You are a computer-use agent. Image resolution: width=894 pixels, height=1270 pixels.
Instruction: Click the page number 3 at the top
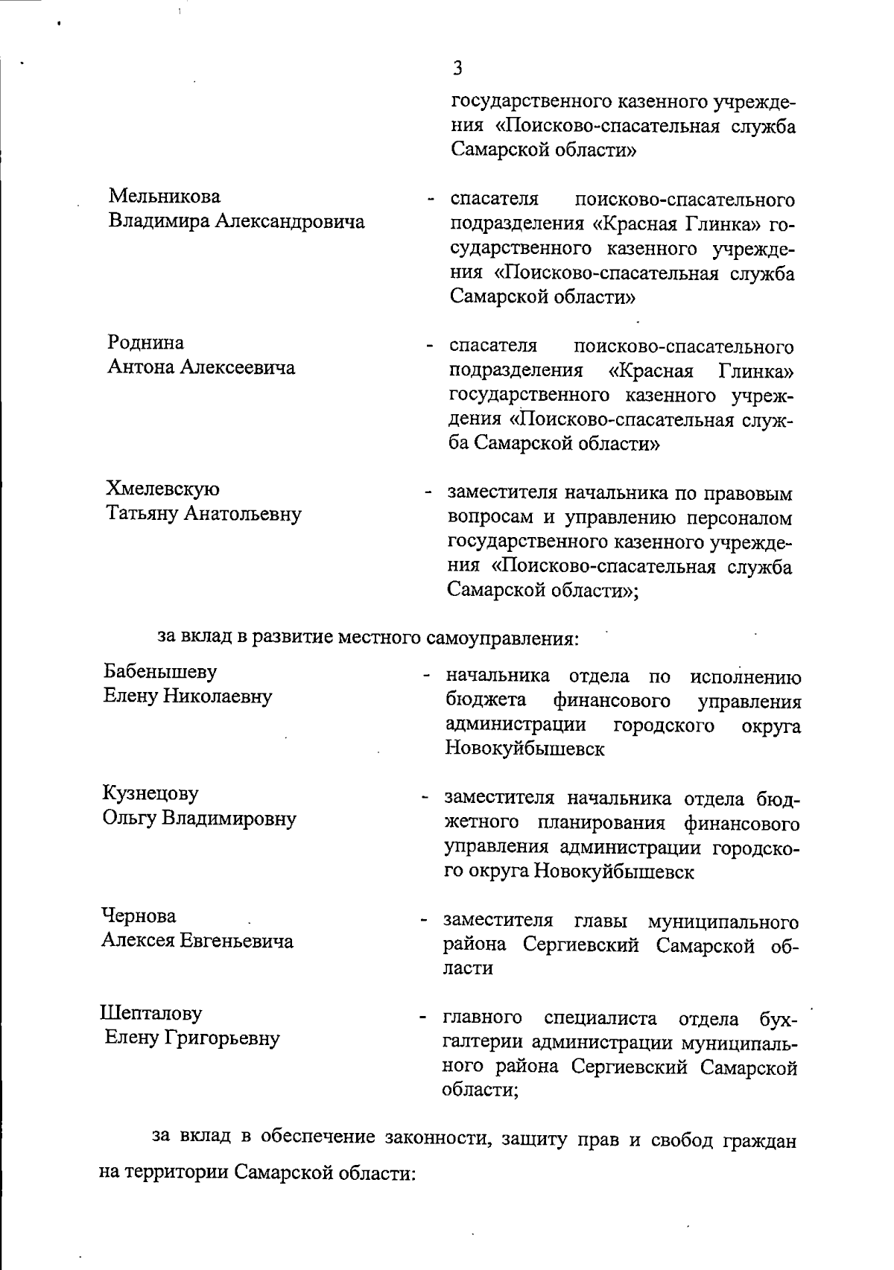pos(457,69)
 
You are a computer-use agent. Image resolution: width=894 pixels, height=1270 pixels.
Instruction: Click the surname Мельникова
pos(165,197)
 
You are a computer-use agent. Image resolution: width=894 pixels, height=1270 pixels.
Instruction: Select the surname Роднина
pos(146,343)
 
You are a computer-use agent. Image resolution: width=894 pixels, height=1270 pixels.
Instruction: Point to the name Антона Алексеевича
pos(201,368)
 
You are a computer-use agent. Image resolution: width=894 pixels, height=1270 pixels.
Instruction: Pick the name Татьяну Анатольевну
pos(204,514)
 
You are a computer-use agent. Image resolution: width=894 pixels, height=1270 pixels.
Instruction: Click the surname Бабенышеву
pos(160,671)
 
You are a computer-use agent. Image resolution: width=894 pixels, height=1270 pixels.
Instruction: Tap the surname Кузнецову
pos(150,793)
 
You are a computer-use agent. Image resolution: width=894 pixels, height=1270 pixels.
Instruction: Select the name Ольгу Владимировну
pos(199,819)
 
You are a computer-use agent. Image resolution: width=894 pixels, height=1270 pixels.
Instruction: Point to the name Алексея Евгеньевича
pos(197,941)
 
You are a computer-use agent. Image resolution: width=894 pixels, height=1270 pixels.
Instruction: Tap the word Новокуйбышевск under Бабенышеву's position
pos(524,749)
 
